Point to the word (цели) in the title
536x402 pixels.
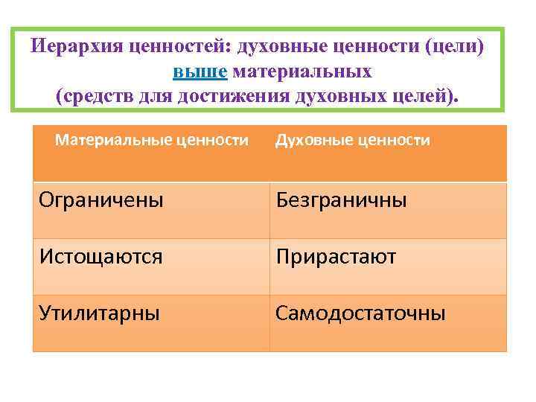pyautogui.click(x=456, y=47)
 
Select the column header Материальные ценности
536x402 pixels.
pyautogui.click(x=152, y=140)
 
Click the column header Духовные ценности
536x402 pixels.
pyautogui.click(x=352, y=140)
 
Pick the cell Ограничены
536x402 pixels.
pyautogui.click(x=101, y=200)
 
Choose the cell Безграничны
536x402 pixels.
pyautogui.click(x=341, y=200)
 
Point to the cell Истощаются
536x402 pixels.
pyautogui.click(x=100, y=257)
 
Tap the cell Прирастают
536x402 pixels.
pyautogui.click(x=336, y=257)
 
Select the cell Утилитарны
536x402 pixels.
pyautogui.click(x=99, y=313)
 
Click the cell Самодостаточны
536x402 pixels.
pyautogui.click(x=360, y=313)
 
